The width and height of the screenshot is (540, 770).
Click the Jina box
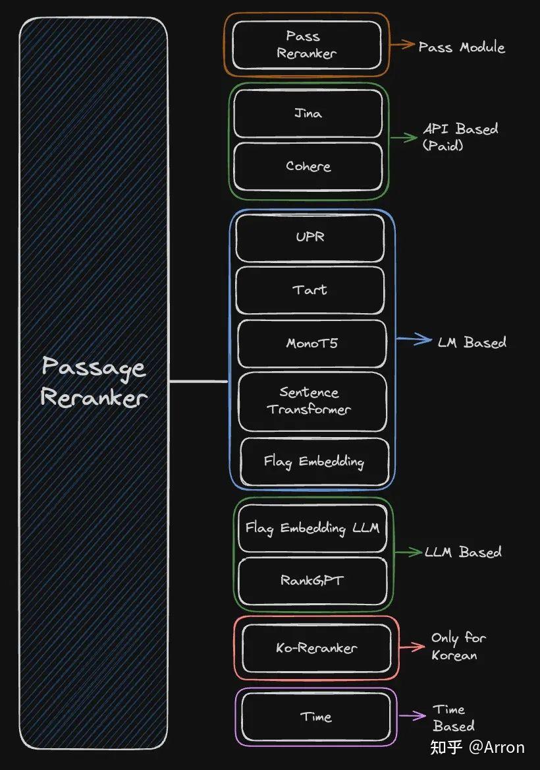308,114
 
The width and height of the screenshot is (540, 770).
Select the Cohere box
308,167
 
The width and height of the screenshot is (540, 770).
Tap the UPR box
310,238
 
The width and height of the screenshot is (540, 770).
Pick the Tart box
310,290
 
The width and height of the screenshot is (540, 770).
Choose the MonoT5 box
312,343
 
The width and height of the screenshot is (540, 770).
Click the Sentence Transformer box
312,401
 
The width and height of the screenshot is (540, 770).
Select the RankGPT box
312,581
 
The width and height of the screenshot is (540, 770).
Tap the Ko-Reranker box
317,648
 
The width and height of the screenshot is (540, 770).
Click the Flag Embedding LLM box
312,528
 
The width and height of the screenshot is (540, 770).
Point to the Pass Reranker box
306,45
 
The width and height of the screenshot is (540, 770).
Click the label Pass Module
462,47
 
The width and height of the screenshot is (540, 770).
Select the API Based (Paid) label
460,136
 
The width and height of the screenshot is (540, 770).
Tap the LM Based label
472,341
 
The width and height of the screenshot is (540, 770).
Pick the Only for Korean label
458,646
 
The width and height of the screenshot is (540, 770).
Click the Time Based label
454,717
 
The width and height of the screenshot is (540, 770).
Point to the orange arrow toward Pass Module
402,44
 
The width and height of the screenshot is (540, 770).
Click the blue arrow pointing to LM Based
414,339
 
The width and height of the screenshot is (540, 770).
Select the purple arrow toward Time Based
412,715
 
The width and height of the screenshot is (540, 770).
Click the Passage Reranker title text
94,382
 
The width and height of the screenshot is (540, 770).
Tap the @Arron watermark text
497,747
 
